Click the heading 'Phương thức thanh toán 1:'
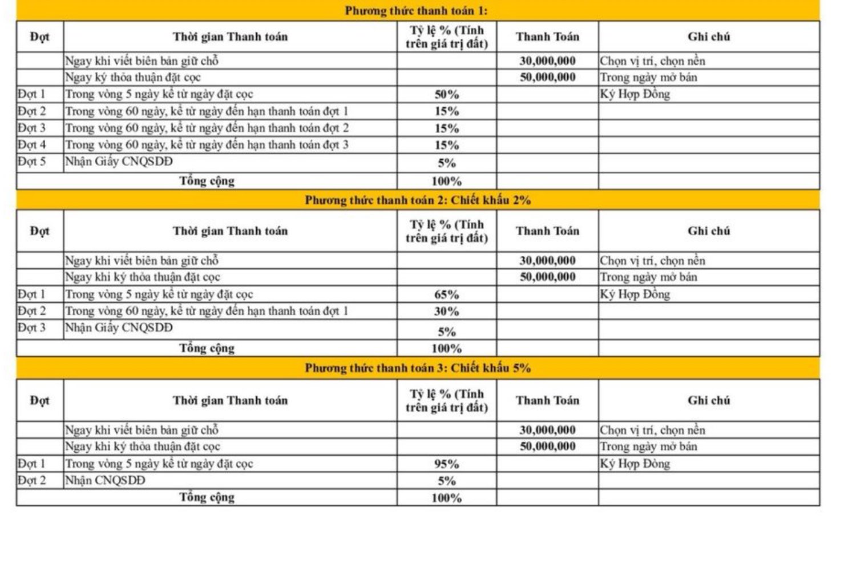pos(416,11)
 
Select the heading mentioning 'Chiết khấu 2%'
pos(417,200)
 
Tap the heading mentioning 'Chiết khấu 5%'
pos(417,368)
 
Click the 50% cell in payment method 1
pos(446,95)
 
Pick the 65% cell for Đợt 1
pos(446,295)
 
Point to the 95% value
pos(446,464)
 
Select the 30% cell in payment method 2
pos(446,312)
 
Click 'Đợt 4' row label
pos(31,145)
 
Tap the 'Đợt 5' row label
pos(31,162)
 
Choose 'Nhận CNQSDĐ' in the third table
pos(105,481)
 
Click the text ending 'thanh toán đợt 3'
pos(207,145)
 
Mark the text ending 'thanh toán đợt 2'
pos(207,128)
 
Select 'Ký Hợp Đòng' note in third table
pos(635,464)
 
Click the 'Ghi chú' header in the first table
pos(709,37)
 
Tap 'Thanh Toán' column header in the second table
pos(547,231)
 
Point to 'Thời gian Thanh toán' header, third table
pos(230,401)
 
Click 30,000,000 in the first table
pos(547,61)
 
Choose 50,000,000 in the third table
pos(547,447)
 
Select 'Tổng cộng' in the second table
pos(207,348)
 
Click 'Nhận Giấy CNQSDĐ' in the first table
pos(119,162)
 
